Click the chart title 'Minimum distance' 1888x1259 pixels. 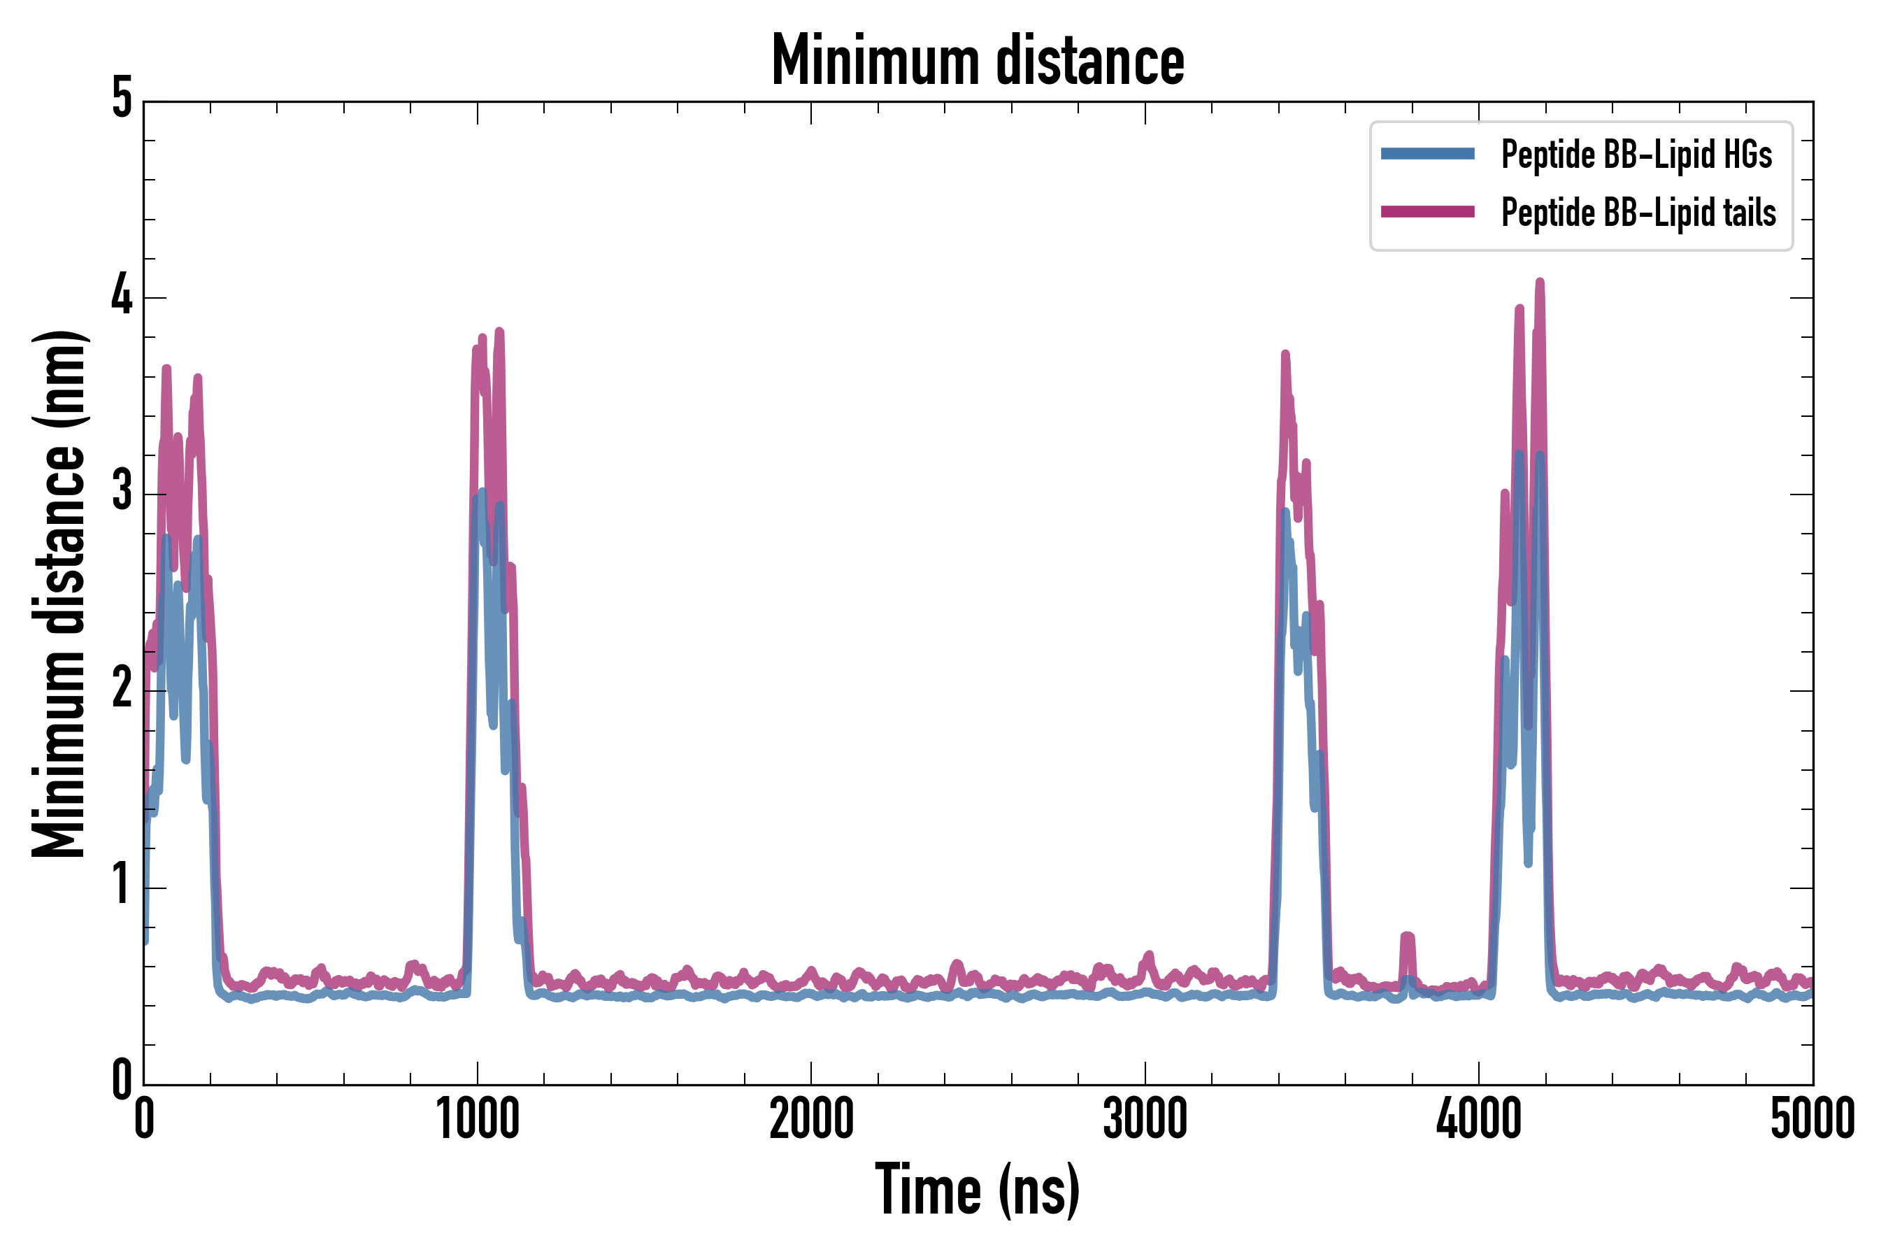point(978,61)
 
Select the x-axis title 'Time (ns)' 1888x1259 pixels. point(978,1190)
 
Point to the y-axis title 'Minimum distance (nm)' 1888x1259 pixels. point(59,594)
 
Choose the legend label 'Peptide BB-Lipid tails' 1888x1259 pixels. point(1638,213)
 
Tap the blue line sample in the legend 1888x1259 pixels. point(1427,154)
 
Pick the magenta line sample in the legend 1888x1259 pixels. point(1427,212)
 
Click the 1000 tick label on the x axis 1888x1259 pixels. point(478,1119)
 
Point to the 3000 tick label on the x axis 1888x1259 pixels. point(1145,1119)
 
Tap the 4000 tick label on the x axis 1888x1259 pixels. point(1479,1119)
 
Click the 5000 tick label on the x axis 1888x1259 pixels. point(1812,1119)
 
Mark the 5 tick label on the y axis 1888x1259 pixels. point(122,99)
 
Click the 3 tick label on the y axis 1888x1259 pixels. point(122,492)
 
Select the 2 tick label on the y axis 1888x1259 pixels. point(122,689)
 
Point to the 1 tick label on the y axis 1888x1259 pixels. point(122,885)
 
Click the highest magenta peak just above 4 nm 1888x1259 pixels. point(1540,283)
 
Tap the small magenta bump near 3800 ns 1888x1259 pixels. point(1407,937)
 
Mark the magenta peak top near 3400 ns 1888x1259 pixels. point(1285,355)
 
